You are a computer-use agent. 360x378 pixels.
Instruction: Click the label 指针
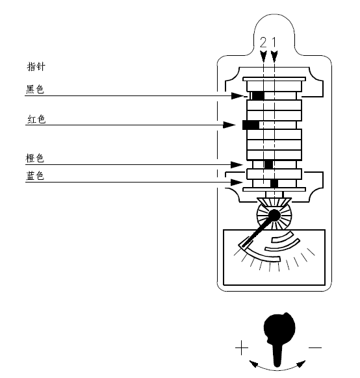pos(36,66)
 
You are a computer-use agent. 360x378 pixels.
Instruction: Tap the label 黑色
pos(35,89)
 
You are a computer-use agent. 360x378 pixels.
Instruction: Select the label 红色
pos(36,119)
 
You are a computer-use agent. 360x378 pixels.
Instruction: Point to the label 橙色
pos(34,158)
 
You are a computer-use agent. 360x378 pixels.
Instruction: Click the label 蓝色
pos(34,176)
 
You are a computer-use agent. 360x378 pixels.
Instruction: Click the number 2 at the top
pos(263,43)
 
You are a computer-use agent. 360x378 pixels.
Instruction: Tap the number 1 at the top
pos(274,43)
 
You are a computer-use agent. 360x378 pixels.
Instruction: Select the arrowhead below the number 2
pos(263,56)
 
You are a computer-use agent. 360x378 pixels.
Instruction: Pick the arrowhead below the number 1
pos(274,56)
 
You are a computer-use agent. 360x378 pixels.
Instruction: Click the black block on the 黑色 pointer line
pos(258,95)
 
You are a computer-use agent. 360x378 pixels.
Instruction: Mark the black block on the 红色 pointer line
pos(251,125)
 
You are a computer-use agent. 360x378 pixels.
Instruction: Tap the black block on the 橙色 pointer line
pos(268,165)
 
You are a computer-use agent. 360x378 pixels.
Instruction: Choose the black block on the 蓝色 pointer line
pos(274,183)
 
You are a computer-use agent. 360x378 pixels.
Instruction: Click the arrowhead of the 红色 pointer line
pos(229,125)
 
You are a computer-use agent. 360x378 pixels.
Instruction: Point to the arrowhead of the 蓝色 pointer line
pos(237,183)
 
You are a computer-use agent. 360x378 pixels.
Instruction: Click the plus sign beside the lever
pos(242,347)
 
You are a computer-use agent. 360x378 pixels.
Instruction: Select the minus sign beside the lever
pos(315,347)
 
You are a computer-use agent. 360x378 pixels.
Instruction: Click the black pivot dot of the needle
pos(274,215)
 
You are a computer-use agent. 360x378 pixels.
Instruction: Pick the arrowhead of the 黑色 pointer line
pos(237,95)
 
